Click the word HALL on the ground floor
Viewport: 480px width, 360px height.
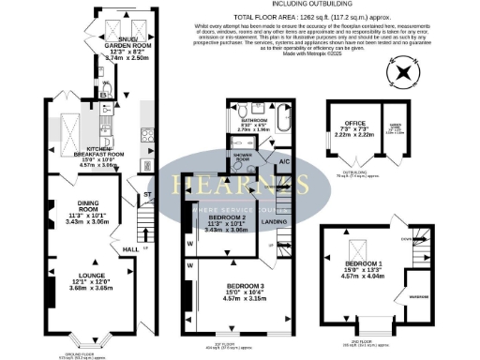pyautogui.click(x=130, y=249)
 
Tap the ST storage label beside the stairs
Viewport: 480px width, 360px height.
pyautogui.click(x=147, y=195)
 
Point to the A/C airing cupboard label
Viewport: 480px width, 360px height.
pyautogui.click(x=284, y=159)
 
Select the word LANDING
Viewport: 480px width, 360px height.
pyautogui.click(x=275, y=221)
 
